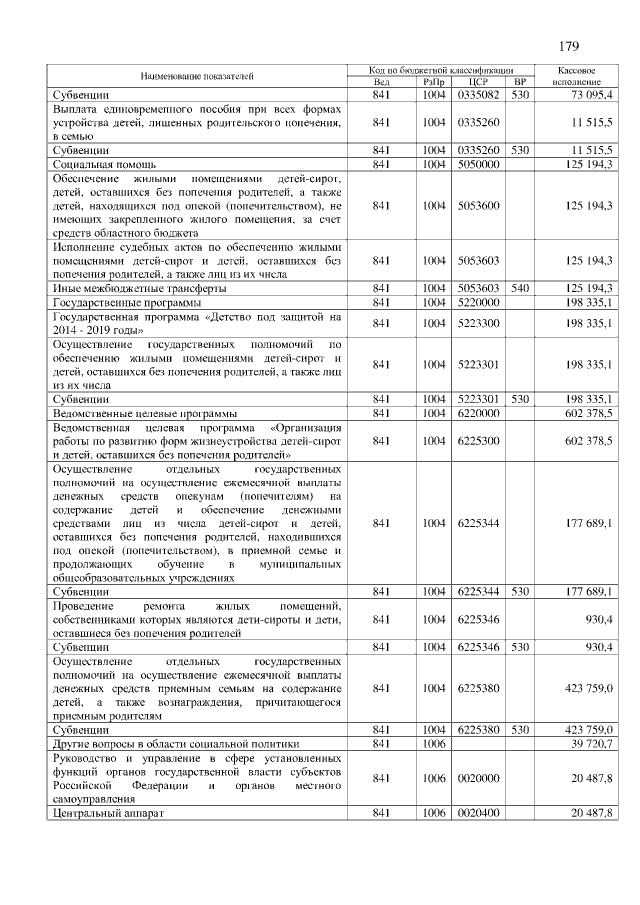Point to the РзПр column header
coord(433,82)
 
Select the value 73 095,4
coord(591,94)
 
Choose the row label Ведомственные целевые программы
coord(144,412)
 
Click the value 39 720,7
coord(591,743)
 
